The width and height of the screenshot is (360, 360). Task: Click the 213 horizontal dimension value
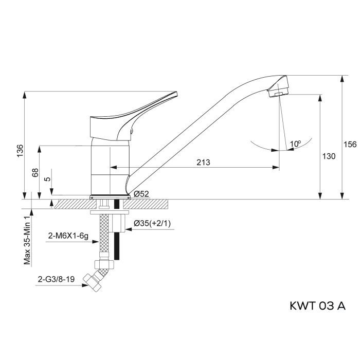[204, 163]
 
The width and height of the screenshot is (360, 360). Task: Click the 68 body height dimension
[35, 172]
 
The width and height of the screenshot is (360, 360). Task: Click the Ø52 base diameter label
[141, 194]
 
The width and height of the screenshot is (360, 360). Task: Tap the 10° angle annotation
[295, 144]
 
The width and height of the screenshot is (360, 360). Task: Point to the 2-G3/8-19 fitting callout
[58, 281]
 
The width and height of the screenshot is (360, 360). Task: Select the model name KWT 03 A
[313, 306]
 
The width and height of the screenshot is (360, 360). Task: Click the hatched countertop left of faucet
[69, 204]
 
